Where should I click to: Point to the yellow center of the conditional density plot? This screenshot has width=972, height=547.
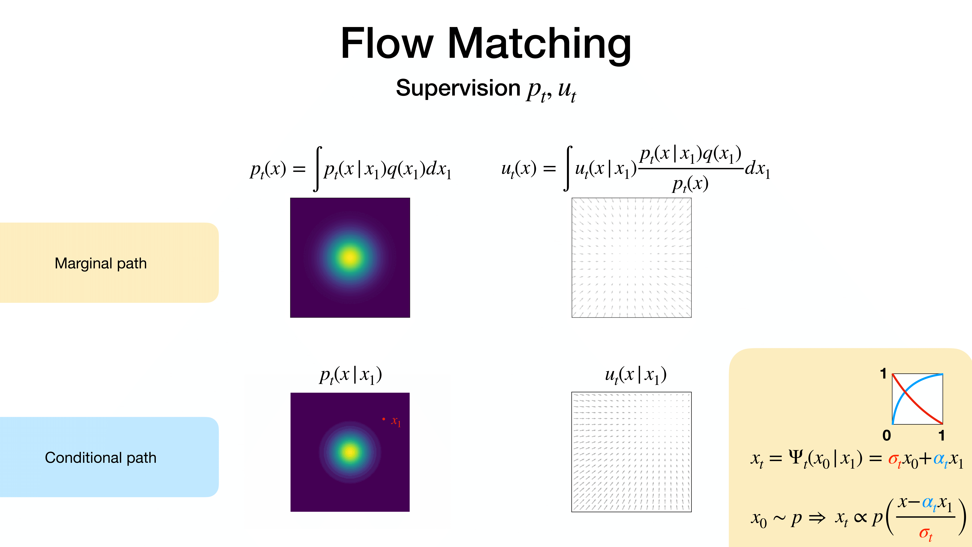pos(350,452)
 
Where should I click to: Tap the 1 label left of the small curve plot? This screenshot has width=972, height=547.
pos(883,374)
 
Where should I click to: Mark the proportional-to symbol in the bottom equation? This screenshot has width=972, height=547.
pos(860,518)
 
